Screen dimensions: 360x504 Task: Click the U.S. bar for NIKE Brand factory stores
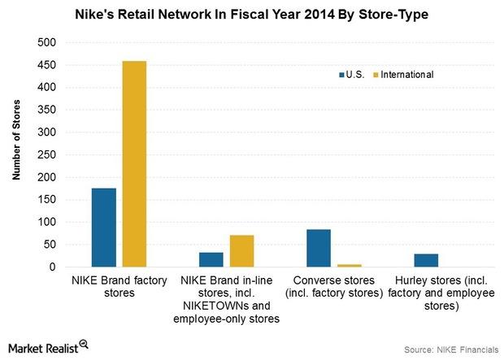[x=103, y=228]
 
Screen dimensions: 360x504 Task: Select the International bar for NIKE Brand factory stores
[x=134, y=163]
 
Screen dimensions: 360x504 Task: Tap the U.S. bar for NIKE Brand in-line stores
[x=211, y=259]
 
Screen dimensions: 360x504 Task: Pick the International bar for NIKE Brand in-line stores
[x=241, y=251]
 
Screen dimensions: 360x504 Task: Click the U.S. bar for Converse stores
[x=319, y=248]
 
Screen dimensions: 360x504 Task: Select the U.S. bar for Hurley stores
[x=426, y=260]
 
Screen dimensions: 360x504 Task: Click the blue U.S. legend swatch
[x=341, y=75]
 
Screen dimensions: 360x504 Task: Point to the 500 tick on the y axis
[x=48, y=42]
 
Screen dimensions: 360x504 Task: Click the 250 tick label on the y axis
[x=48, y=154]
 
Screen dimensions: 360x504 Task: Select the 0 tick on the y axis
[x=53, y=267]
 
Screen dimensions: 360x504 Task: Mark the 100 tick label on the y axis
[x=48, y=222]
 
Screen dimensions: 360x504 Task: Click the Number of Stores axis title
[x=16, y=154]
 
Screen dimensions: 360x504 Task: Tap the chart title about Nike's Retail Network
[x=251, y=14]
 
